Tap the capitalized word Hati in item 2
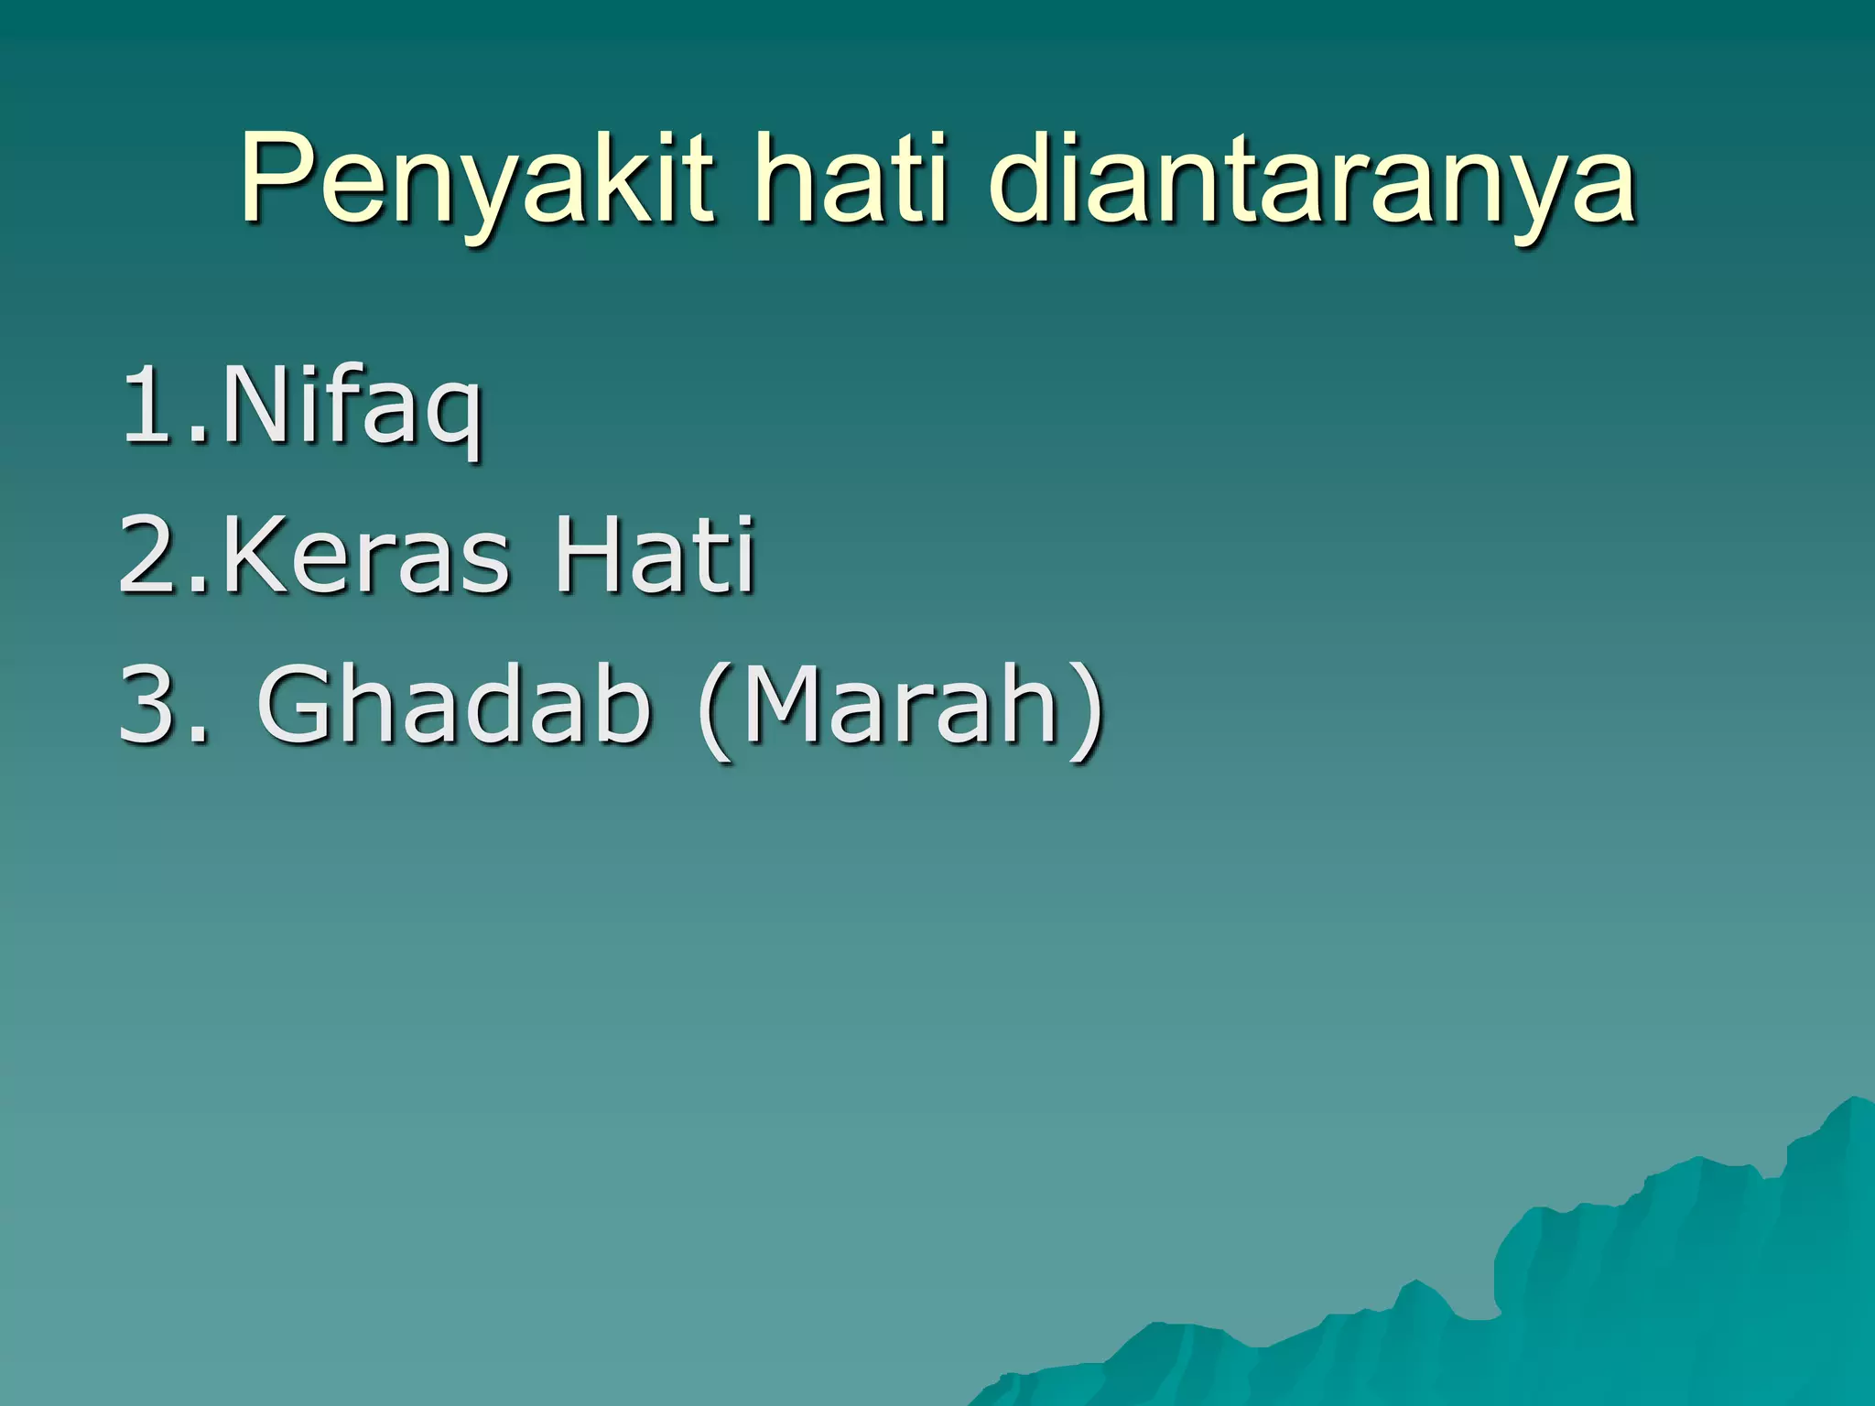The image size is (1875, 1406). (654, 554)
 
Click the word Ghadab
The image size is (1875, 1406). (453, 704)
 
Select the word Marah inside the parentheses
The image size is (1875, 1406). (902, 704)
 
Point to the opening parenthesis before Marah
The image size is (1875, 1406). (715, 709)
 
